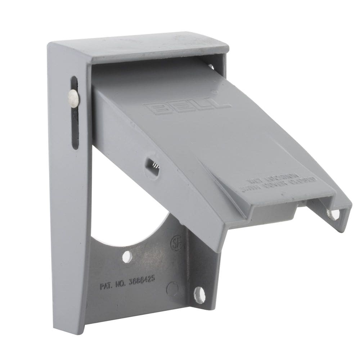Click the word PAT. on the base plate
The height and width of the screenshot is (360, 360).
107,287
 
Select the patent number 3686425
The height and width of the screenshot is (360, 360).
143,281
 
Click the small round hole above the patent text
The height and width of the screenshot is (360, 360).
127,257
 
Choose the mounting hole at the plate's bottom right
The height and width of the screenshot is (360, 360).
199,295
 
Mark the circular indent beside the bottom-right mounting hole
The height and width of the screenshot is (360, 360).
172,288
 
